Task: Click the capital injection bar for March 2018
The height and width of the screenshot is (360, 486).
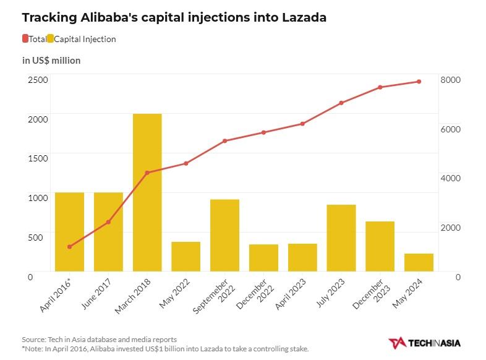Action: coord(147,192)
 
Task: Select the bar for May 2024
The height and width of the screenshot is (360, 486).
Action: coord(419,262)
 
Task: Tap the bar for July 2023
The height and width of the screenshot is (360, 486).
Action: coord(341,238)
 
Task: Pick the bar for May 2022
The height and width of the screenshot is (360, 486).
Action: coord(185,256)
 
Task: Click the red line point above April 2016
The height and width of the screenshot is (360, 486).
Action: coord(69,247)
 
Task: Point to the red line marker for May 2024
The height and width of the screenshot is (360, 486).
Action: coord(419,82)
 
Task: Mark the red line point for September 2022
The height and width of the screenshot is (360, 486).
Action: coord(224,141)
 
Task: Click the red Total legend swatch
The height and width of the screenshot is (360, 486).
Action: coord(25,39)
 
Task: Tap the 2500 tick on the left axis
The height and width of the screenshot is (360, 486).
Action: coord(38,79)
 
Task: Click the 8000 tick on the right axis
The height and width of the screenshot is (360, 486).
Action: coord(450,80)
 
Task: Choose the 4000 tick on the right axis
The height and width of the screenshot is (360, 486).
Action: coord(450,178)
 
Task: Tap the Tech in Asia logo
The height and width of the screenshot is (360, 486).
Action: coord(424,343)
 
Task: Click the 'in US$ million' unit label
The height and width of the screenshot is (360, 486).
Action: coord(51,61)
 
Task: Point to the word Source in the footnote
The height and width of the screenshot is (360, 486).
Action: coord(33,340)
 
